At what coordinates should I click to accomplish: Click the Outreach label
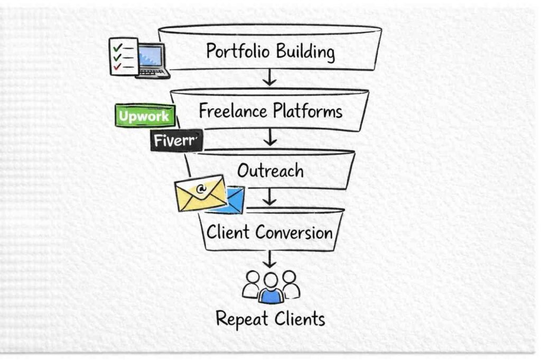270,170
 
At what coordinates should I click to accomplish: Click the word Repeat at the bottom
242,319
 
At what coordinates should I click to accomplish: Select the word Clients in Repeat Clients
299,319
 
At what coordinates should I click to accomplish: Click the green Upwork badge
144,116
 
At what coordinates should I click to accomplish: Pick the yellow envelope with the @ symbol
201,192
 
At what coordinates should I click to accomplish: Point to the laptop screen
151,56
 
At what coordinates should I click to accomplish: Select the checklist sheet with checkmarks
124,56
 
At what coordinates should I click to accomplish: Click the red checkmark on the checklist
117,67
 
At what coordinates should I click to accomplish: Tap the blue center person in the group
270,289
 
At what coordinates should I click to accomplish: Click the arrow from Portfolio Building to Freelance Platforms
270,78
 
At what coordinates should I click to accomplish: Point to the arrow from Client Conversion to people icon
270,259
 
